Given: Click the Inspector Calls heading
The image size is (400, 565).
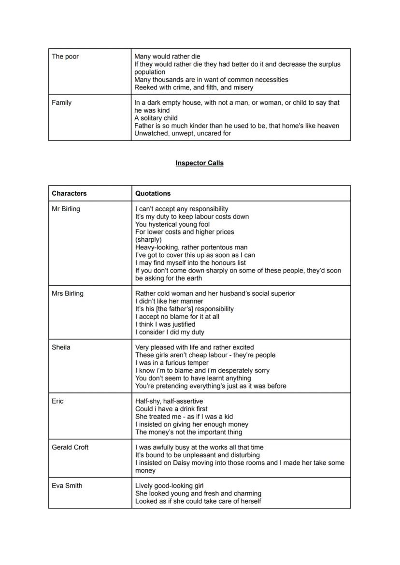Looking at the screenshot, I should pyautogui.click(x=200, y=163).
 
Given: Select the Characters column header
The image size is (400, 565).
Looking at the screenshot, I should pyautogui.click(x=69, y=193).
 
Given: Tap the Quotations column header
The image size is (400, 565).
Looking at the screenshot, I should pyautogui.click(x=153, y=193).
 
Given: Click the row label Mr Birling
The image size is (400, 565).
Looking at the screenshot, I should pyautogui.click(x=66, y=209).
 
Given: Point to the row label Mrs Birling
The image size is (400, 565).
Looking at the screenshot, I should pyautogui.click(x=67, y=293).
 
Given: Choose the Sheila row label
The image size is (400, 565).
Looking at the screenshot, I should pyautogui.click(x=61, y=347).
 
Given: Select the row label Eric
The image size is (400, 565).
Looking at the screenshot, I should pyautogui.click(x=57, y=401).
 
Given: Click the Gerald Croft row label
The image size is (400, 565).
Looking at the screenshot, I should pyautogui.click(x=70, y=447).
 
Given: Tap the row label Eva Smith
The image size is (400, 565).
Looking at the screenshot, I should pyautogui.click(x=67, y=486).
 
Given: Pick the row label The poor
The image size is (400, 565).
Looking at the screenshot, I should pyautogui.click(x=65, y=57).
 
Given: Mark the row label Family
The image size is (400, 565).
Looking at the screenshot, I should pyautogui.click(x=61, y=102).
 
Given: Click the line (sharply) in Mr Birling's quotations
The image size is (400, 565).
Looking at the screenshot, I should pyautogui.click(x=148, y=240).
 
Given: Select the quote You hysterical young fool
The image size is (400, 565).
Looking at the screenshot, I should pyautogui.click(x=172, y=224).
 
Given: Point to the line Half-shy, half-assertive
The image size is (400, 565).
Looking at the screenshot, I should pyautogui.click(x=169, y=401).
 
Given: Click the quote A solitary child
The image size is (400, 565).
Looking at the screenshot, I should pyautogui.click(x=156, y=118).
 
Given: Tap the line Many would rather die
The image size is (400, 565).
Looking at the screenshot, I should pyautogui.click(x=167, y=57).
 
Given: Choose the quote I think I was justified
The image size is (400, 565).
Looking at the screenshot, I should pyautogui.click(x=165, y=324).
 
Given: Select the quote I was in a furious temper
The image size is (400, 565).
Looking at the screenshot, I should pyautogui.click(x=172, y=362).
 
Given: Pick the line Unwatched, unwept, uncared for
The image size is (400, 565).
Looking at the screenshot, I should pyautogui.click(x=183, y=133).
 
